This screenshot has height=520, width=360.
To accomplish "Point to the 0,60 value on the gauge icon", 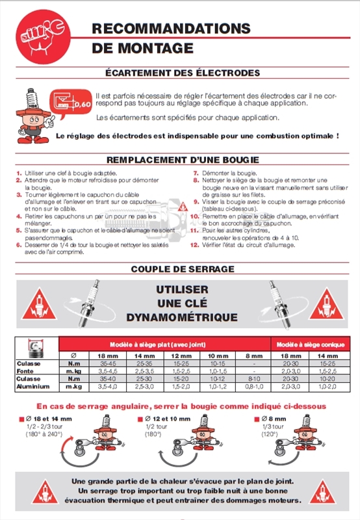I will (x=82, y=103).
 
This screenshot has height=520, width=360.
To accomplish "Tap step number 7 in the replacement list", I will (x=196, y=174).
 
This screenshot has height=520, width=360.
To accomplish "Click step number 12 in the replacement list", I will (x=194, y=244).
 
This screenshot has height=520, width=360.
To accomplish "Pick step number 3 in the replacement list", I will (x=19, y=194).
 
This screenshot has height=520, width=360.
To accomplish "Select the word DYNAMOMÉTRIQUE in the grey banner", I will (x=182, y=317).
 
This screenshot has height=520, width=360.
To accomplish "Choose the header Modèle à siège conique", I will (x=310, y=343).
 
